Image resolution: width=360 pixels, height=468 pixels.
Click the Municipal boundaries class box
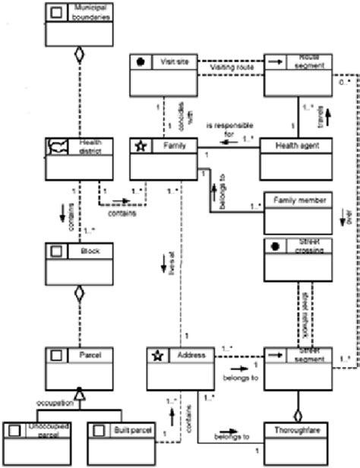80,22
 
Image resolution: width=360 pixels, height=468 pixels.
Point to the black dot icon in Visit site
141,63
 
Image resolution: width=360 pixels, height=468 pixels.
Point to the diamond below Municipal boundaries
80,54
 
